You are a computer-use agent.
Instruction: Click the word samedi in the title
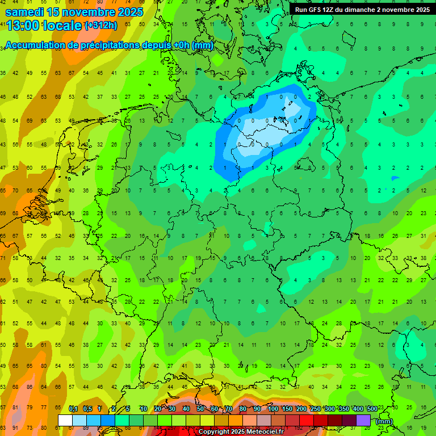pos(25,11)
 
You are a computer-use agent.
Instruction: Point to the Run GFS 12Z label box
pos(362,10)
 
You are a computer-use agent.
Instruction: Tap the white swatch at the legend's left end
pos(65,420)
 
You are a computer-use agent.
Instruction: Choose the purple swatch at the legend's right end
pos(363,420)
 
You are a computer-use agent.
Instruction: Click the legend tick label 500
pos(372,409)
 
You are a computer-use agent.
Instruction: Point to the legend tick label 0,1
pos(73,409)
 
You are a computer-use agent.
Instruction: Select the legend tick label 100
pos(272,409)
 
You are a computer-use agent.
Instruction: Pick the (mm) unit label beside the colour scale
pos(384,421)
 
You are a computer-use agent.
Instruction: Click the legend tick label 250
pos(315,409)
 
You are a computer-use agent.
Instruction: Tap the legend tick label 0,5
pos(87,409)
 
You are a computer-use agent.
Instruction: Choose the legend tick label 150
pos(287,409)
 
